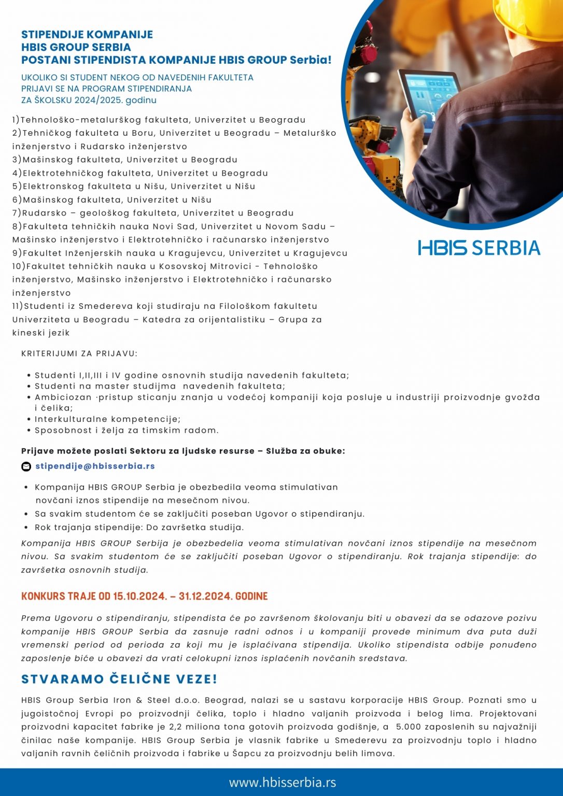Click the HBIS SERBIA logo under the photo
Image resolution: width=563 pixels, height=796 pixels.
point(479,248)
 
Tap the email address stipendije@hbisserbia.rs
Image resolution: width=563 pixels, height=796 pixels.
point(95,466)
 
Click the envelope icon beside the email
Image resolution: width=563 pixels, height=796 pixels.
point(26,466)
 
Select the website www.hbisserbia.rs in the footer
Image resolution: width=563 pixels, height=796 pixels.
point(283,782)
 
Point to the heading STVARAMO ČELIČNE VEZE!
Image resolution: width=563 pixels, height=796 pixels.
point(119,679)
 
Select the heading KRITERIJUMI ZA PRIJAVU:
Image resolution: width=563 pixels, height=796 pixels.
point(79,353)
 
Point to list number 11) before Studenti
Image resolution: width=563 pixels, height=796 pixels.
point(18,306)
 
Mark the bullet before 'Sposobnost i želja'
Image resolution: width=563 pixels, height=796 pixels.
point(29,430)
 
